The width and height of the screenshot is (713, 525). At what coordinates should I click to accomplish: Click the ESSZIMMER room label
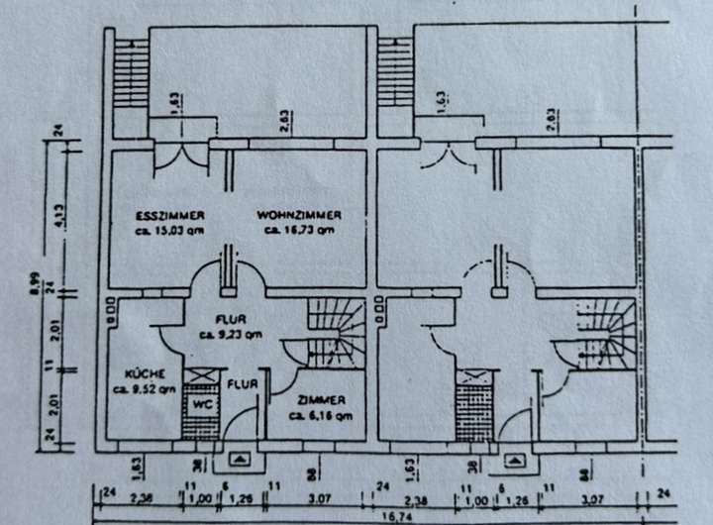170,215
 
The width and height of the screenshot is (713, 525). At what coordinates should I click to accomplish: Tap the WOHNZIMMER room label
299,215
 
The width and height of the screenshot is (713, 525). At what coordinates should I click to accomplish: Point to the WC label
201,404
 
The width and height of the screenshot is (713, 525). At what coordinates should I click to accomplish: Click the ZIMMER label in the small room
321,400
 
